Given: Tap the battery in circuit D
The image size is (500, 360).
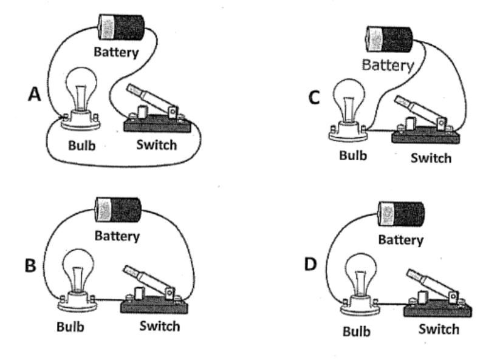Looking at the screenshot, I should pyautogui.click(x=401, y=214).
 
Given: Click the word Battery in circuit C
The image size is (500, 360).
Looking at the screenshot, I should pyautogui.click(x=388, y=64).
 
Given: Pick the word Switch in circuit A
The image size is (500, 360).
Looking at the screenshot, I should pyautogui.click(x=156, y=144).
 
